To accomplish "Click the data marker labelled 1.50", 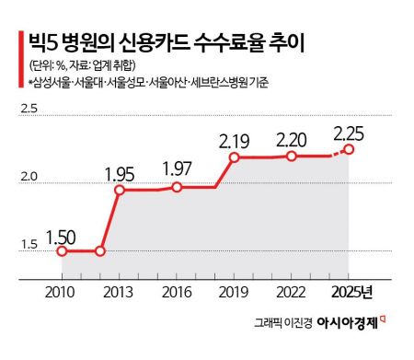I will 63,251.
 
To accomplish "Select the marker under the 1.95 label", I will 120,191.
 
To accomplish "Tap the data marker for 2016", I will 177,188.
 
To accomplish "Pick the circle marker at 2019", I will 234,157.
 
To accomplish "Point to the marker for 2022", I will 292,157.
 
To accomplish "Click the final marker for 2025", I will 349,149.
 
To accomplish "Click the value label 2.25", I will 351,129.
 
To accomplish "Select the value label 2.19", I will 236,142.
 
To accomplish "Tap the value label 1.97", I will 178,169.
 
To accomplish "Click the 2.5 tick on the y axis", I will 28,110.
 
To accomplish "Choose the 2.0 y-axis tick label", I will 28,177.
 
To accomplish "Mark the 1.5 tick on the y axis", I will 28,244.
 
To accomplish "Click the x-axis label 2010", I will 63,292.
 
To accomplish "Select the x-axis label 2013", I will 120,292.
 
